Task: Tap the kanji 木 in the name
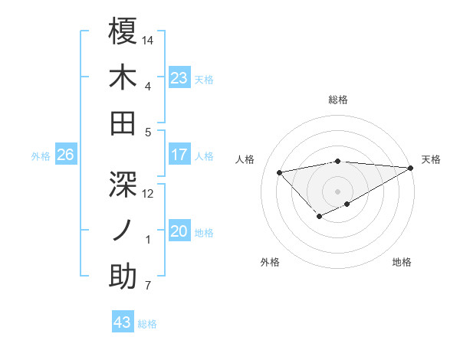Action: [x=123, y=78]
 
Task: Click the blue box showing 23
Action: [x=179, y=77]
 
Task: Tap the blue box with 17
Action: [x=179, y=155]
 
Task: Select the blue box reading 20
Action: [x=179, y=231]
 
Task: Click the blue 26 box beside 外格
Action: [x=65, y=155]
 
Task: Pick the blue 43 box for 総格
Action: [x=123, y=322]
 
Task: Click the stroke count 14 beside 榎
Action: [x=149, y=39]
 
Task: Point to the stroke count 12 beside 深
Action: [x=149, y=193]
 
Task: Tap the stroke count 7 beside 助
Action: [x=148, y=286]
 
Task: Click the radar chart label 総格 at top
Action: [x=338, y=100]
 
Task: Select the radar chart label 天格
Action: [x=431, y=159]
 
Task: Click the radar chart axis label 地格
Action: [x=402, y=262]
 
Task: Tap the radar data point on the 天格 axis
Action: [x=412, y=168]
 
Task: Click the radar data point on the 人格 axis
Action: [x=279, y=172]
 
